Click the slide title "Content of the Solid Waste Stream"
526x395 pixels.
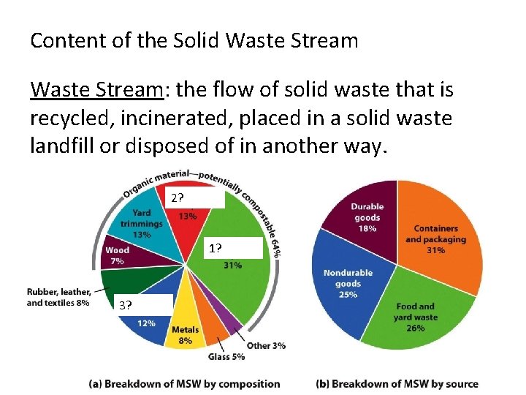194,40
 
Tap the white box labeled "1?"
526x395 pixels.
232,249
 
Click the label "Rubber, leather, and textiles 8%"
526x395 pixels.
58,296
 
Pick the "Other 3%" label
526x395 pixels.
267,345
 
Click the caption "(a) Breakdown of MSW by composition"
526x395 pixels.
184,383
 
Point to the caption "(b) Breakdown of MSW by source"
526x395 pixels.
397,383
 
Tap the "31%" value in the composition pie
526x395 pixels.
232,266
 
